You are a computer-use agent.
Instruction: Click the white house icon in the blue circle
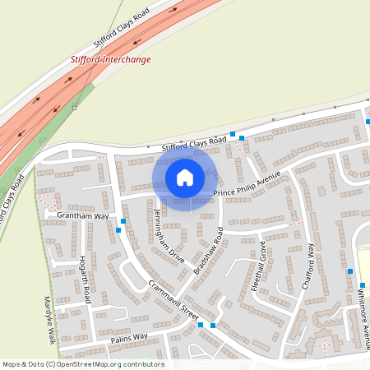185,177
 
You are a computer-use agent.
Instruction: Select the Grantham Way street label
83,216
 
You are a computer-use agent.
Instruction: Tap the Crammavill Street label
174,301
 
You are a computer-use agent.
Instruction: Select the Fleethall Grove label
258,264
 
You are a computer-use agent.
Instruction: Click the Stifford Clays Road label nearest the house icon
193,145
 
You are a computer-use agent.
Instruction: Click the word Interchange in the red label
129,59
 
